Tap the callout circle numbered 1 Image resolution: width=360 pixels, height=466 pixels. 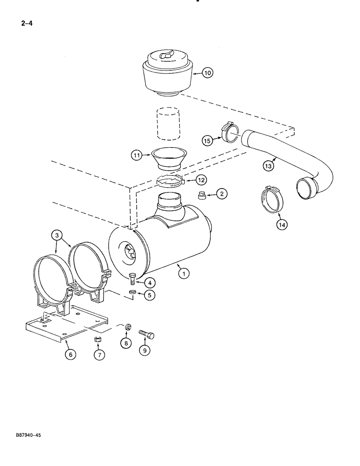(x=184, y=274)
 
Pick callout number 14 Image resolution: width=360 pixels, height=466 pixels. (x=281, y=224)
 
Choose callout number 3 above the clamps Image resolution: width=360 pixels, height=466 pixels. (x=57, y=236)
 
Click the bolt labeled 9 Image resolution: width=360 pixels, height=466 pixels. (x=146, y=334)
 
